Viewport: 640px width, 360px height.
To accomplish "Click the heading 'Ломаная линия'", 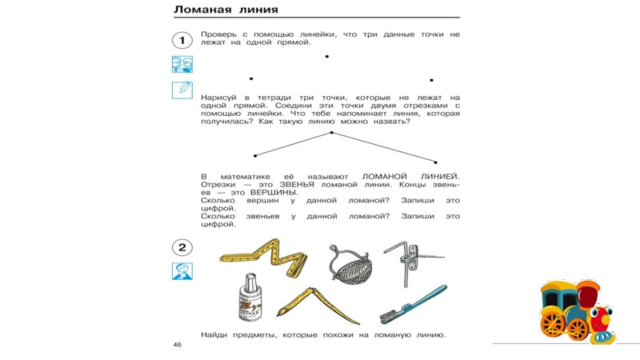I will (x=226, y=11).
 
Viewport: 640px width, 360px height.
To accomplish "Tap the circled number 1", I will (x=182, y=39).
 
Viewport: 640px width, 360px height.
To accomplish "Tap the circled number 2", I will (x=182, y=247).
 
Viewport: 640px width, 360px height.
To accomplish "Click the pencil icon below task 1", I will (x=182, y=90).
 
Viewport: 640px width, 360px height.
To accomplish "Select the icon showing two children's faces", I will (x=182, y=64).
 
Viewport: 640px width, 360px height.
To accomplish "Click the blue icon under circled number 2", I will (x=182, y=271).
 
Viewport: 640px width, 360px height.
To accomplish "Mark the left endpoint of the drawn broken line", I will (x=255, y=154).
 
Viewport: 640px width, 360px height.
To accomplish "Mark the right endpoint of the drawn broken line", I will (x=435, y=162).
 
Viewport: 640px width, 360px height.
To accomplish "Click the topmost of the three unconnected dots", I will (x=326, y=56).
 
